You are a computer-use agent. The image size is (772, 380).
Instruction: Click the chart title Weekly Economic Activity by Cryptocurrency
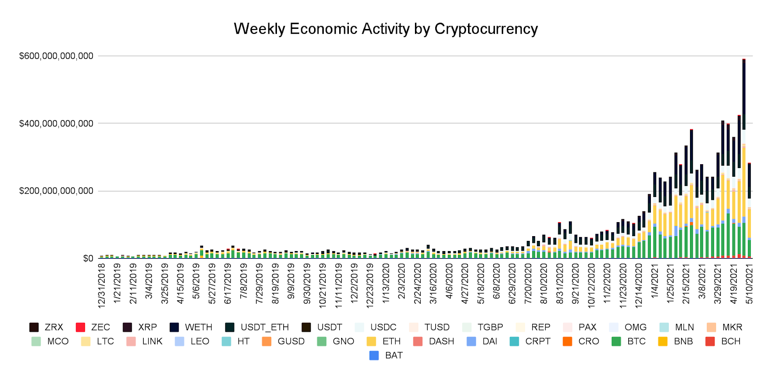coord(386,29)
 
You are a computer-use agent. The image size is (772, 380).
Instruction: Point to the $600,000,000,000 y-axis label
coord(56,56)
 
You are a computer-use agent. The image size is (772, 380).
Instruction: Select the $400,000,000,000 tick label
coord(56,124)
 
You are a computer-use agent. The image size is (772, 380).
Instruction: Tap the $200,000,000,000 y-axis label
coord(56,191)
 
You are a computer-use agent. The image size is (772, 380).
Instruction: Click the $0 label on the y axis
coord(88,259)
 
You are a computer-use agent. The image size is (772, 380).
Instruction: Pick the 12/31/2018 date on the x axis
coord(102,285)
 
